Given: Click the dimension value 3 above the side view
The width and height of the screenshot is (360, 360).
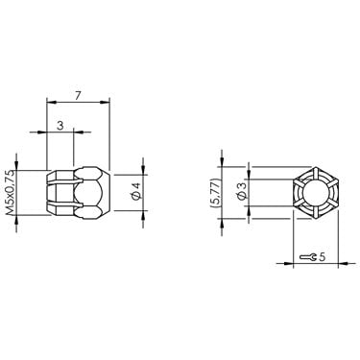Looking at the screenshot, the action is pyautogui.click(x=60, y=126).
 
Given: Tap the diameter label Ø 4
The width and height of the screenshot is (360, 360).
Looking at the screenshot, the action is pyautogui.click(x=136, y=191).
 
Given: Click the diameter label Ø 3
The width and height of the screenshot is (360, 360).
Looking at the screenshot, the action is pyautogui.click(x=243, y=192).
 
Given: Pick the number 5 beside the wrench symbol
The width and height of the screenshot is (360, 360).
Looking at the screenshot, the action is pyautogui.click(x=322, y=256).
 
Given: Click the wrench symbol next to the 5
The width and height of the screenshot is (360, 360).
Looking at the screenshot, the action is pyautogui.click(x=308, y=257).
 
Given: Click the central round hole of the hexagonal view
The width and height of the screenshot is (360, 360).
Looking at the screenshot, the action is pyautogui.click(x=315, y=193).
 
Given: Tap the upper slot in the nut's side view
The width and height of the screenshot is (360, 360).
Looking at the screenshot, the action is pyautogui.click(x=64, y=181).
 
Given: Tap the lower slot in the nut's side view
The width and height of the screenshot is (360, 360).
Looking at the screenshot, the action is pyautogui.click(x=64, y=204).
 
